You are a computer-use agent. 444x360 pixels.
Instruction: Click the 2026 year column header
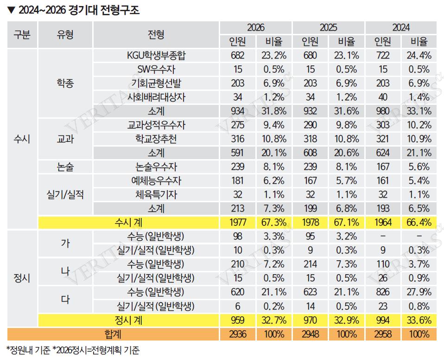(x=256, y=28)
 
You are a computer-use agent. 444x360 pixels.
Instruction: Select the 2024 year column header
(x=401, y=28)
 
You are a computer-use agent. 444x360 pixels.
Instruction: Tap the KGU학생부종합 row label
(x=156, y=56)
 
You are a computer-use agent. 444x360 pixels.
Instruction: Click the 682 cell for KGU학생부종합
(x=237, y=56)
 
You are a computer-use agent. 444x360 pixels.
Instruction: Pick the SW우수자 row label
(x=156, y=70)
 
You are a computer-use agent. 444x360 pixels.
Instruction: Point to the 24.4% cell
(x=419, y=56)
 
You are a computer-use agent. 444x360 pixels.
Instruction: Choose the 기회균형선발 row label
(x=156, y=84)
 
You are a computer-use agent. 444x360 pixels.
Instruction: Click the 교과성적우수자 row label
(x=156, y=125)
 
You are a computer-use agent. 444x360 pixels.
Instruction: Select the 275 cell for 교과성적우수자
(x=237, y=125)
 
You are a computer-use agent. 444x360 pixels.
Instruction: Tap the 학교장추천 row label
(x=156, y=139)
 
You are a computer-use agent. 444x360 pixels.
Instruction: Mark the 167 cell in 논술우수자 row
(x=383, y=167)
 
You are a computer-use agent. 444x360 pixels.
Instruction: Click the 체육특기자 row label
(x=156, y=194)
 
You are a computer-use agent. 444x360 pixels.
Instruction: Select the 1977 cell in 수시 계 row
(x=237, y=222)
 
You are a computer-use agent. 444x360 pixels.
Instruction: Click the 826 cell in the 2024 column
(x=383, y=292)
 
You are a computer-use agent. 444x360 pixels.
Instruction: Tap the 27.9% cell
(x=419, y=292)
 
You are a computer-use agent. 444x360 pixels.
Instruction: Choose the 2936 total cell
(x=237, y=334)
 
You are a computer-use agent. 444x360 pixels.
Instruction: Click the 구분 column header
(x=22, y=34)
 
